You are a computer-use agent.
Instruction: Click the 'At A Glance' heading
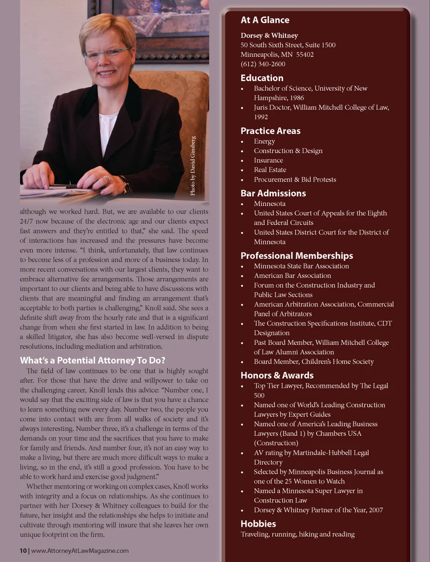[x=265, y=20]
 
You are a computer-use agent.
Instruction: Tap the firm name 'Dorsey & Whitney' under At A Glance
[x=269, y=35]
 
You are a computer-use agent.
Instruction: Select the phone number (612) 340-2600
[x=262, y=64]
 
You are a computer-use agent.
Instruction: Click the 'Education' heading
[x=262, y=78]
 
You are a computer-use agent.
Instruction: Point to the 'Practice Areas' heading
[x=270, y=131]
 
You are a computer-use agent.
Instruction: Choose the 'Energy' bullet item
[x=264, y=142]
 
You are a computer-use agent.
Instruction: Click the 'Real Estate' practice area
[x=270, y=170]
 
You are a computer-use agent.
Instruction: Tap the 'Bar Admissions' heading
[x=273, y=193]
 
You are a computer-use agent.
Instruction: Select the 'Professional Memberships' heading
[x=297, y=256]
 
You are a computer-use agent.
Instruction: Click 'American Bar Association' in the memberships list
[x=292, y=276]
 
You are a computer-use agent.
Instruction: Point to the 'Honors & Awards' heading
[x=277, y=375]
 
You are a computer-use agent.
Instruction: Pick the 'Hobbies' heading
[x=258, y=523]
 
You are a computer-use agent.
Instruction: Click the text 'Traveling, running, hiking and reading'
[x=297, y=534]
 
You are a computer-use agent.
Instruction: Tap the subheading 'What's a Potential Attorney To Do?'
[x=92, y=360]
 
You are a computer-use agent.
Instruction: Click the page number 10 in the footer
[x=23, y=551]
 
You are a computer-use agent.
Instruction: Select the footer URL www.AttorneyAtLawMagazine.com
[x=80, y=551]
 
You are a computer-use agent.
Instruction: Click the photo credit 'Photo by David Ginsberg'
[x=193, y=166]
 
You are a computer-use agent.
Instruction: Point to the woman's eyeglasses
[x=107, y=54]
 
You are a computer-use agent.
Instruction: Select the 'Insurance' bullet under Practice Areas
[x=268, y=160]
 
